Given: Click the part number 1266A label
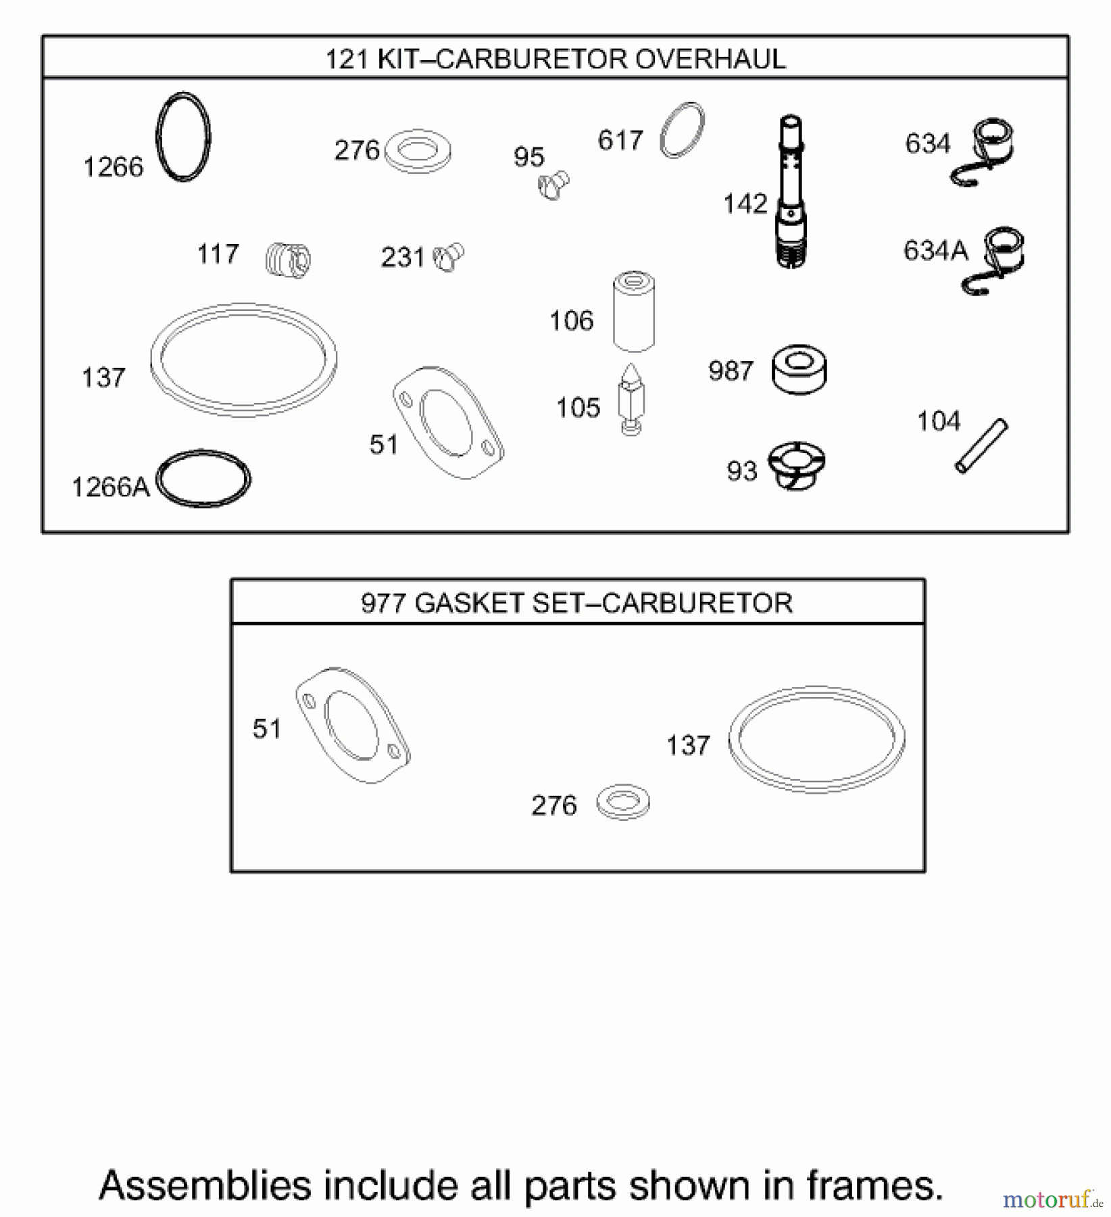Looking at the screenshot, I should coord(110,487).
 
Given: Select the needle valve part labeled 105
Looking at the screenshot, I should coord(631,400).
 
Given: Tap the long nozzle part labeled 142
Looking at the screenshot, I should coord(791,193).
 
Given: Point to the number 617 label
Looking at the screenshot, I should coord(620,141).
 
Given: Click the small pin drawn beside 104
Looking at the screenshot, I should coord(981,446).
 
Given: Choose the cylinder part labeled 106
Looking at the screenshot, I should coord(633,312).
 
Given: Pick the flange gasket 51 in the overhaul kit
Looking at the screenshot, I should coord(447,423).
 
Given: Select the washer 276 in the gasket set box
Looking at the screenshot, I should coord(623,802).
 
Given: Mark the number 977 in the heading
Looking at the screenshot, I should coord(382,603).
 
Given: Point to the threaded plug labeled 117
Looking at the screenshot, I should coord(288,259).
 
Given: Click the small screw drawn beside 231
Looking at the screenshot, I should coord(448,258).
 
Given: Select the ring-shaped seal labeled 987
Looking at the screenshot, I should coord(799,371).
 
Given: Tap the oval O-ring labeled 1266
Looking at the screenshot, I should coord(183,137).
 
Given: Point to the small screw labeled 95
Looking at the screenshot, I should coord(553,185).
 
